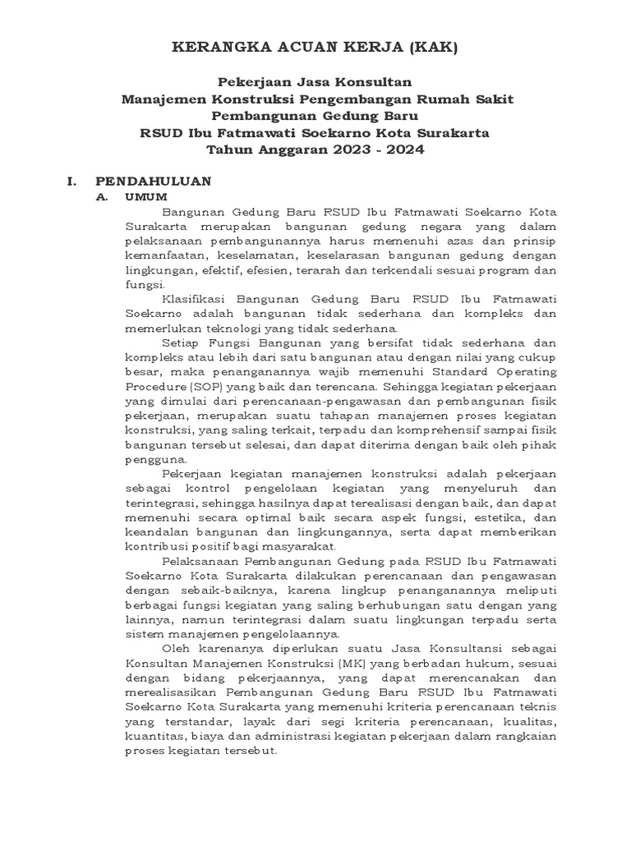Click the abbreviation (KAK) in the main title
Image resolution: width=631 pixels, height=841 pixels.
[x=428, y=48]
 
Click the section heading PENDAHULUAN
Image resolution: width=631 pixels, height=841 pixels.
[x=154, y=181]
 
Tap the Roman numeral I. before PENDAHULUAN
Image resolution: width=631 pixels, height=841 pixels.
[x=72, y=181]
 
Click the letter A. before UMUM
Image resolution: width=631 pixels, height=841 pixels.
[x=103, y=198]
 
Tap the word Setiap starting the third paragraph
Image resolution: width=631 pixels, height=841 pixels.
[x=182, y=342]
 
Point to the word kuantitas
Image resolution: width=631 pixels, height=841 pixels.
[x=154, y=735]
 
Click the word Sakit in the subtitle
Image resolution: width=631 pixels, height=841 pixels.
[x=491, y=99]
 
